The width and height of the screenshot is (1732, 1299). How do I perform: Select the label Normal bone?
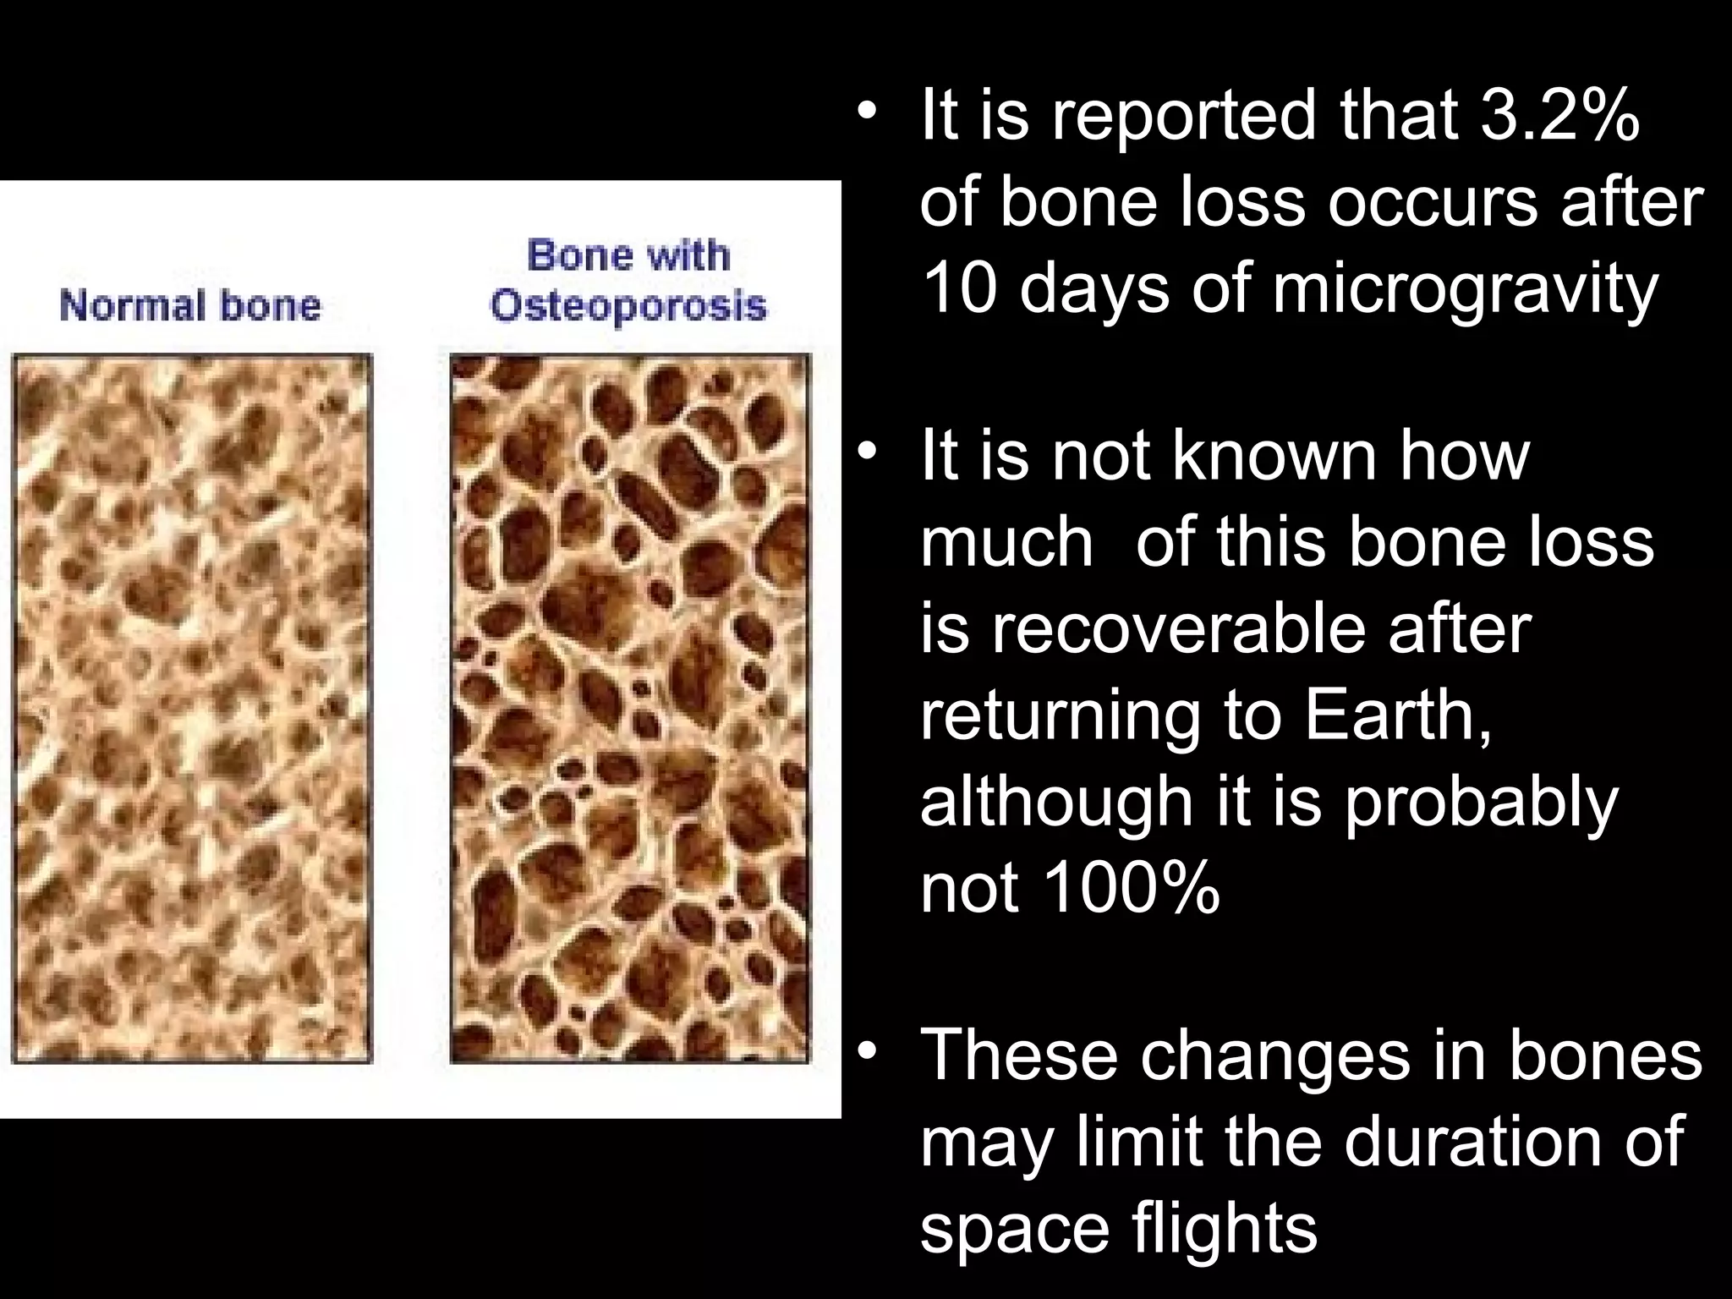191,305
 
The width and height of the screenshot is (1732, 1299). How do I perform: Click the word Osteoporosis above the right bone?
628,305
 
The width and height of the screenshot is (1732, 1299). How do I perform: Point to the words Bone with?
628,255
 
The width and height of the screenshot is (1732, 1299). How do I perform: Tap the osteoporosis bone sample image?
629,709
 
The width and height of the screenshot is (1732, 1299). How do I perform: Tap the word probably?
1480,803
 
